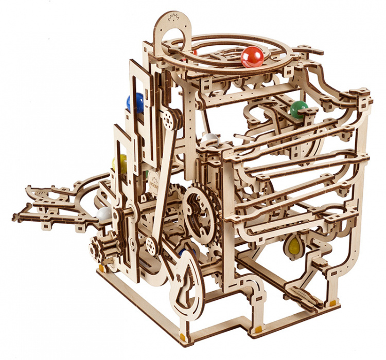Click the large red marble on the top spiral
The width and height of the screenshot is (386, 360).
[252, 57]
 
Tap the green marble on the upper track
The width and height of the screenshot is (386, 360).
[298, 109]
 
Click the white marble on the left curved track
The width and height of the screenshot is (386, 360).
[104, 214]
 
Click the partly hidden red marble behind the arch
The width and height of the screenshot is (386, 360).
[194, 52]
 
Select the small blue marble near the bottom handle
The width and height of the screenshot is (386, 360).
[182, 253]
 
